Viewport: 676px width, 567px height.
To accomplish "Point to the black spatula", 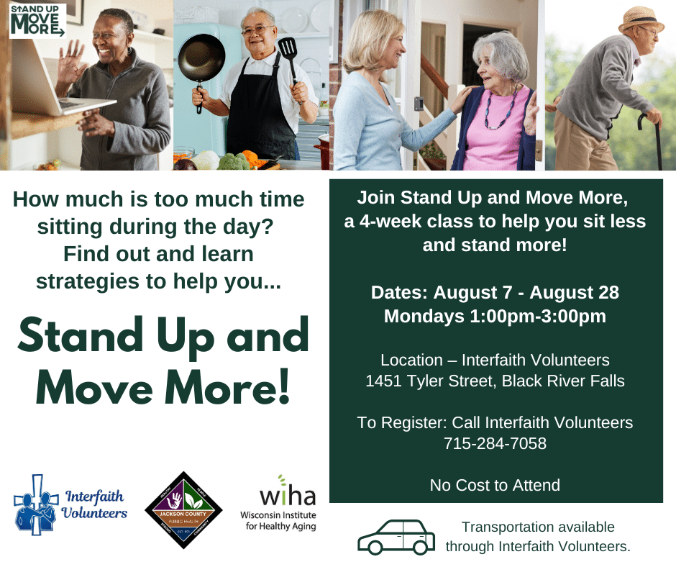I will tap(287, 52).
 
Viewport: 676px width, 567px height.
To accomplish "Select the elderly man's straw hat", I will tap(641, 19).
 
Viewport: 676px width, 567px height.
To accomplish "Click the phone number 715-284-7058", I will tap(495, 444).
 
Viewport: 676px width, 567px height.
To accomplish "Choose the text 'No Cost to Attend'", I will tap(495, 485).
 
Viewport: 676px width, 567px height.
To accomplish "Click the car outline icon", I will tap(396, 536).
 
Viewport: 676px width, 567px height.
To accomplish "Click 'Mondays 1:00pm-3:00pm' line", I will tap(495, 316).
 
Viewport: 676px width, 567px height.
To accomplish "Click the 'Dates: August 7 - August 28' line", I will tap(495, 293).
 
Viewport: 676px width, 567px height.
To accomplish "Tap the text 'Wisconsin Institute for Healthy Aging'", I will tap(278, 521).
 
